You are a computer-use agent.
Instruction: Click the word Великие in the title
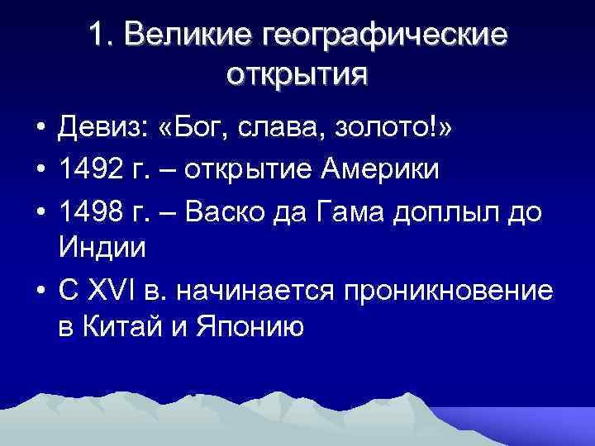click(x=189, y=36)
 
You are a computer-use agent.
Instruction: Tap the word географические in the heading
click(x=383, y=36)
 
